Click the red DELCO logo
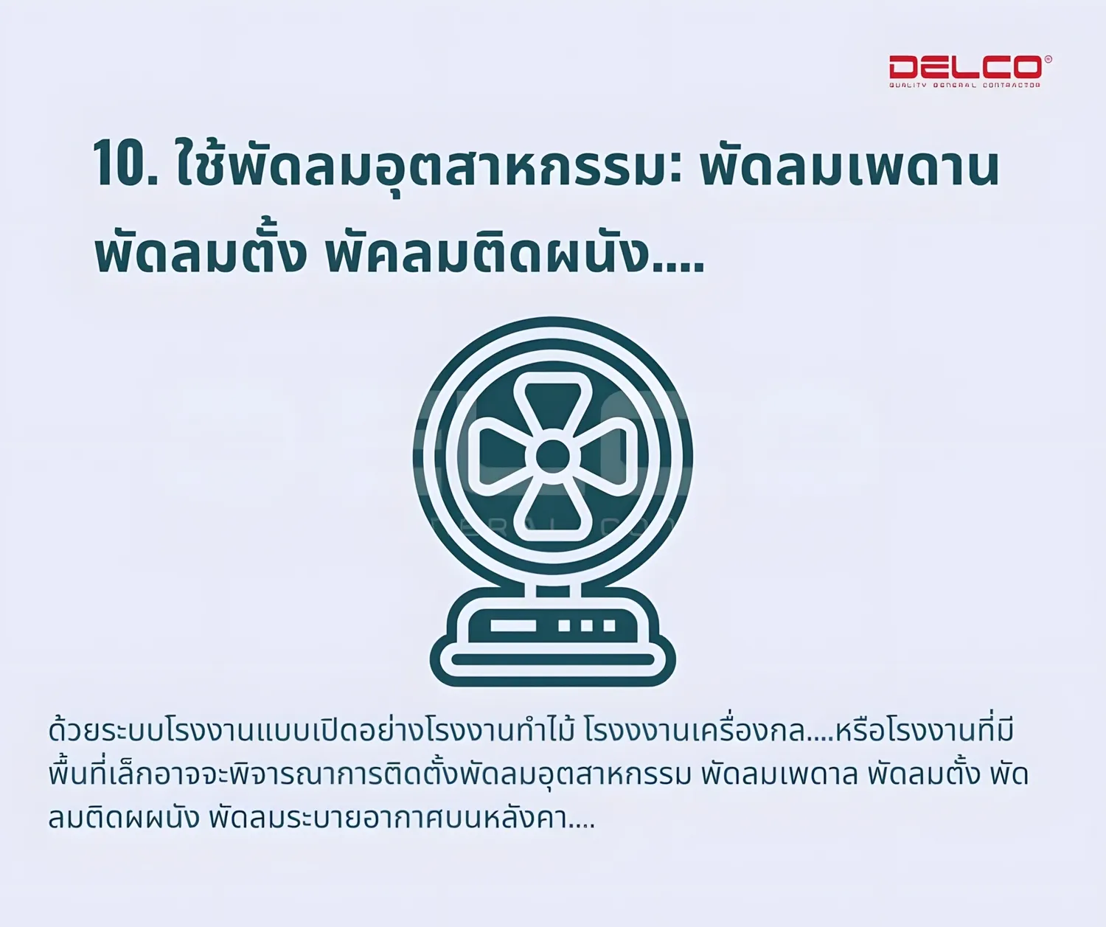(x=966, y=67)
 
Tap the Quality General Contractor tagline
(x=965, y=85)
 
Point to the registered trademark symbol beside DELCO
(x=1048, y=59)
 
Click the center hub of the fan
(x=552, y=456)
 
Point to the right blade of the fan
(x=604, y=456)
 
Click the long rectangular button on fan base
(x=512, y=625)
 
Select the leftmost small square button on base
(x=564, y=625)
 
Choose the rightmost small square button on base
(x=609, y=625)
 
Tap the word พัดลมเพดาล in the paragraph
(x=779, y=774)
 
